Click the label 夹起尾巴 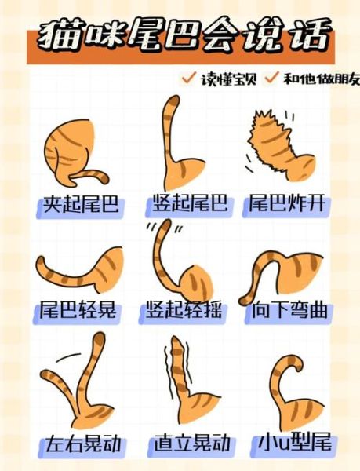[x=80, y=205]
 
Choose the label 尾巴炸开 [x=287, y=205]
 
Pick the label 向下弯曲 [x=288, y=310]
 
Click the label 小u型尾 [x=294, y=444]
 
